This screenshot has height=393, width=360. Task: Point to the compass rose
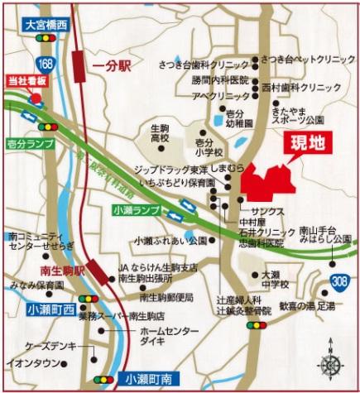(334, 365)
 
